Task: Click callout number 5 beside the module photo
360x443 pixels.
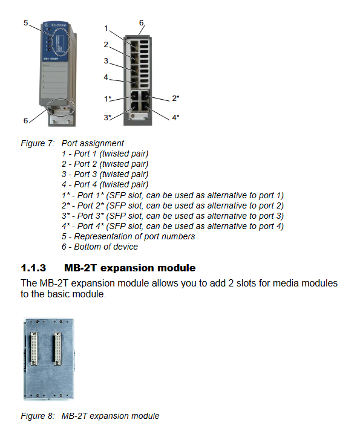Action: point(26,22)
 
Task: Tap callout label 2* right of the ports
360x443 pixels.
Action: point(175,98)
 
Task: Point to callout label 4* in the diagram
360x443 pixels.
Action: point(175,117)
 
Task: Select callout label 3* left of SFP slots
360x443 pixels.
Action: point(108,117)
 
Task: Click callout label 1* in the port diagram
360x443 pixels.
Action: point(108,99)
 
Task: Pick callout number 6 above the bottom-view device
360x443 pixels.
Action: point(142,22)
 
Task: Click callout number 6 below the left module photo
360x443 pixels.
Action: point(26,121)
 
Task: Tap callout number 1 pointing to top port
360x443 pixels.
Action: point(106,28)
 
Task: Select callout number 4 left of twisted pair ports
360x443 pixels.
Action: point(106,77)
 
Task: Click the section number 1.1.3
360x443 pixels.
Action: point(33,268)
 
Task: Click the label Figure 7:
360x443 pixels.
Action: point(38,143)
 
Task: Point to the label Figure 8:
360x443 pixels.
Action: point(38,416)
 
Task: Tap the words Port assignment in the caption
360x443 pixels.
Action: point(93,143)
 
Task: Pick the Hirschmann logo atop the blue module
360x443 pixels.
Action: point(56,25)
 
